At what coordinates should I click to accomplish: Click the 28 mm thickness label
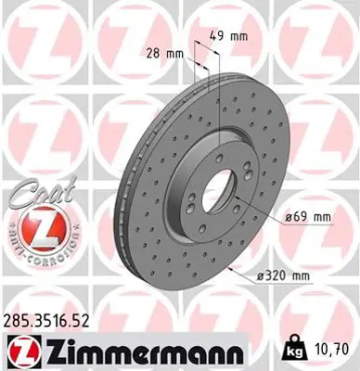(x=163, y=53)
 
